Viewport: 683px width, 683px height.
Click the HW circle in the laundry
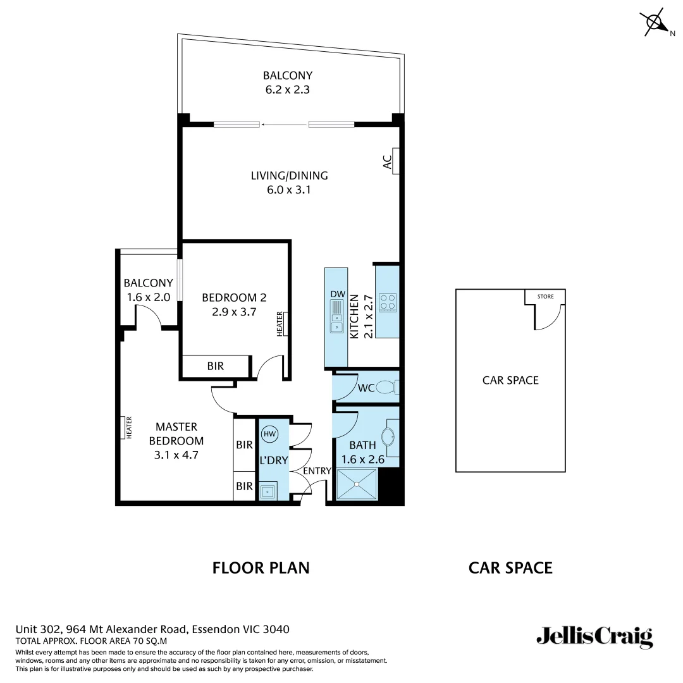pos(270,434)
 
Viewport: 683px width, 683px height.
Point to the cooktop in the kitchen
pos(387,302)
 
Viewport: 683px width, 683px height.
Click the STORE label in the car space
pos(545,296)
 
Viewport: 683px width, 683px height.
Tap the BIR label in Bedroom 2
pos(215,366)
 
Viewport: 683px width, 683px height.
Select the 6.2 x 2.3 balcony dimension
pos(288,90)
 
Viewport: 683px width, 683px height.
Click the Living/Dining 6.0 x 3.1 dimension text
pos(289,190)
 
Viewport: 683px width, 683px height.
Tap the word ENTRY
pos(317,471)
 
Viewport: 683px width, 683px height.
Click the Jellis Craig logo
pos(594,636)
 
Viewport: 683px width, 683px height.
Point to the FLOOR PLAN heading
pos(261,568)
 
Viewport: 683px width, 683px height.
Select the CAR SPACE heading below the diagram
pos(510,568)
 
